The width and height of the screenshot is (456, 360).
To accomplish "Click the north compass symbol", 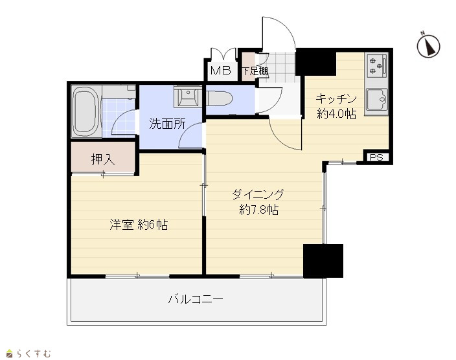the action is tap(428, 46).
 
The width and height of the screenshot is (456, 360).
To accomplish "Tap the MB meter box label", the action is tap(220, 71).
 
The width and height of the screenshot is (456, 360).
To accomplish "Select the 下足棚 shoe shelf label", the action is tap(255, 71).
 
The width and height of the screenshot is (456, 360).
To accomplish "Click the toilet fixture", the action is tap(220, 99).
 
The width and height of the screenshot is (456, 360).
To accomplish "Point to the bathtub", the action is tap(85, 111).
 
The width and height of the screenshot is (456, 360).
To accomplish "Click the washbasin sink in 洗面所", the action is tap(188, 97).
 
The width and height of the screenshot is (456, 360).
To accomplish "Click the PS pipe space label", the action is tap(376, 157).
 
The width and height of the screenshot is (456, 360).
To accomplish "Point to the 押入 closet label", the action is tap(103, 159).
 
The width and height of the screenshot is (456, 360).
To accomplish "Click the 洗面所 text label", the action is tap(167, 124).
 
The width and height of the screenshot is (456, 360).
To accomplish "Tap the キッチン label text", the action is tap(336, 99).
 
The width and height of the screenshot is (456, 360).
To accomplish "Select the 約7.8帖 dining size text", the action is tap(259, 209).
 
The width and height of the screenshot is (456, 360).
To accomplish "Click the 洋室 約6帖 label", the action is tap(139, 225).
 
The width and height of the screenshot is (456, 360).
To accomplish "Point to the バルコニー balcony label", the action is tap(196, 299).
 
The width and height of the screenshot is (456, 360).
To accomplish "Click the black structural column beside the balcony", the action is tap(323, 261).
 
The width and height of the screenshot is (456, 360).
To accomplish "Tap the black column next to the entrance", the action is tap(316, 62).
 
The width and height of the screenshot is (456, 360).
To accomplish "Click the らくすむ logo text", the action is tap(34, 354).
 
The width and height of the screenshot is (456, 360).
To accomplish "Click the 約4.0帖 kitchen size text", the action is tap(336, 114).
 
